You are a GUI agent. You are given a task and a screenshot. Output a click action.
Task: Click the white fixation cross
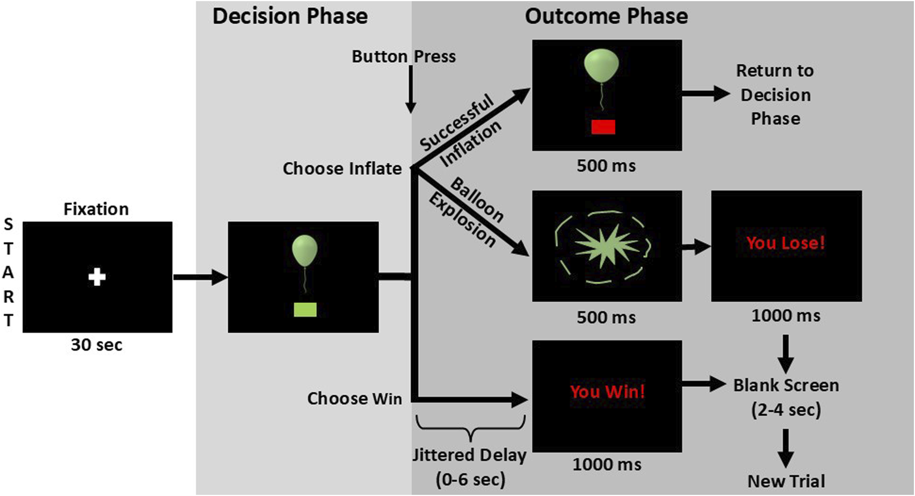[x=97, y=277]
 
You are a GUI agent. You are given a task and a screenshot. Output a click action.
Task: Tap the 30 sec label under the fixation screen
[x=97, y=345]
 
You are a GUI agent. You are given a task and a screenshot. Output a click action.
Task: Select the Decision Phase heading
[x=290, y=17]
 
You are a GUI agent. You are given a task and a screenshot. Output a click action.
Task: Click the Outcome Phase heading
[x=606, y=17]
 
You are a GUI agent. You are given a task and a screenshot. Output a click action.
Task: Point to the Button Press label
[x=403, y=56]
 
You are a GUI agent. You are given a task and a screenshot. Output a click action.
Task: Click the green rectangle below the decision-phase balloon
[x=305, y=309]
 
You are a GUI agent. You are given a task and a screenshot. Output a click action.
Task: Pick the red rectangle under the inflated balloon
[x=603, y=127]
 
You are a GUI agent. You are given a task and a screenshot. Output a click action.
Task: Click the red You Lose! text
[x=785, y=243]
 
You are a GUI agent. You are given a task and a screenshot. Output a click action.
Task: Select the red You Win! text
[x=607, y=392]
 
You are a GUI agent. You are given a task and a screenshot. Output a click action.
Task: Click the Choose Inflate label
[x=342, y=168]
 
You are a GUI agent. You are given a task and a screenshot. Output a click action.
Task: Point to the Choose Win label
[x=354, y=398]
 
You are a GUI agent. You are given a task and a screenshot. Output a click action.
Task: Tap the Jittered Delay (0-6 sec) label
[x=469, y=467]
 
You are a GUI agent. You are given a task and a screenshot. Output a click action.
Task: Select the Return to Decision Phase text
[x=775, y=95]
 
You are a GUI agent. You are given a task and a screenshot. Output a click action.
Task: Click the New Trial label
[x=786, y=481]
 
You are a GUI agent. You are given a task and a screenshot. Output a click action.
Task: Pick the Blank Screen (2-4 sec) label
[x=786, y=397]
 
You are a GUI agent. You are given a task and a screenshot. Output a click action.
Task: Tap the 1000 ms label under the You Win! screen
[x=607, y=464]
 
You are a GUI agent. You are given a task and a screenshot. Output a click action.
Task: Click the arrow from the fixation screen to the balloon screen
[x=200, y=277]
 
